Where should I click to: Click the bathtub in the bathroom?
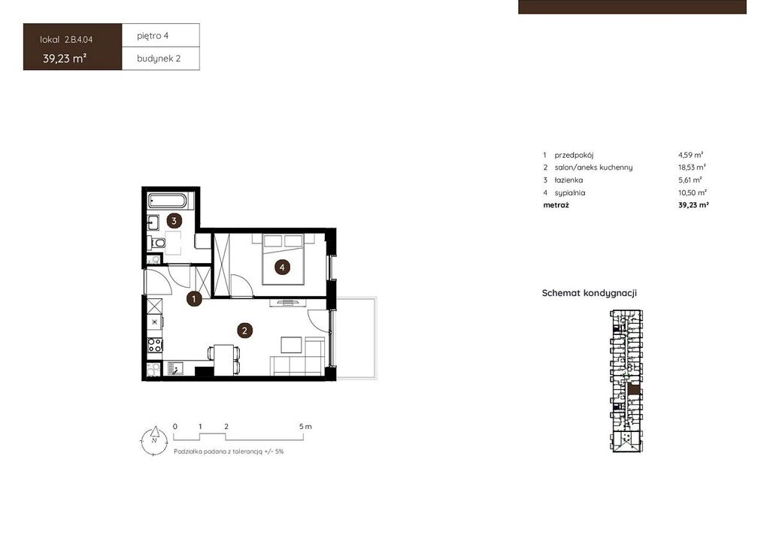pos(168,201)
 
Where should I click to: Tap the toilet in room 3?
pos(157,243)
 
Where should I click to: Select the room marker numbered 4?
pos(282,267)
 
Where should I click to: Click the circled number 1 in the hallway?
pos(194,298)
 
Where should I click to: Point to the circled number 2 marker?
pos(244,331)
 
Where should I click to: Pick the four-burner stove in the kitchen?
pos(155,345)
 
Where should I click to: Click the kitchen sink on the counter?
pos(174,368)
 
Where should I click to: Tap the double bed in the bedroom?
pos(283,259)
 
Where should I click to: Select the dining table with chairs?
pos(224,360)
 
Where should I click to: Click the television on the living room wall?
pos(286,301)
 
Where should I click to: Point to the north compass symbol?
pos(154,440)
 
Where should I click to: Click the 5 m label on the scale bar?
pos(305,427)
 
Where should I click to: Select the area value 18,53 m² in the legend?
pos(692,168)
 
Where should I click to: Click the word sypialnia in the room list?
pos(570,193)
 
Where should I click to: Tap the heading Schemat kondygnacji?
pos(590,293)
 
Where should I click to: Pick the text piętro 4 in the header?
pos(153,36)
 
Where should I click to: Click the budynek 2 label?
pos(159,59)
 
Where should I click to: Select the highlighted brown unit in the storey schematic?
pos(635,388)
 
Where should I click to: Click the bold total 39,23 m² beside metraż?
pos(693,205)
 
